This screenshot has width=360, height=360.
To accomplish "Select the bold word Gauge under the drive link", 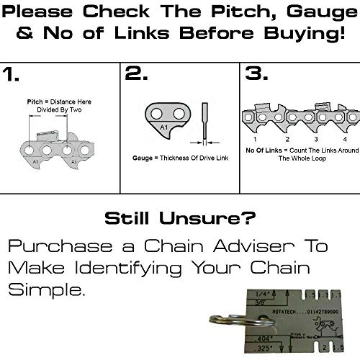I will [x=143, y=156].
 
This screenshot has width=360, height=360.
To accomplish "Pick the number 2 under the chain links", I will [x=287, y=138].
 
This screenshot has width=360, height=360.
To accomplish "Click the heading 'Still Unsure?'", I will [x=180, y=217].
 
